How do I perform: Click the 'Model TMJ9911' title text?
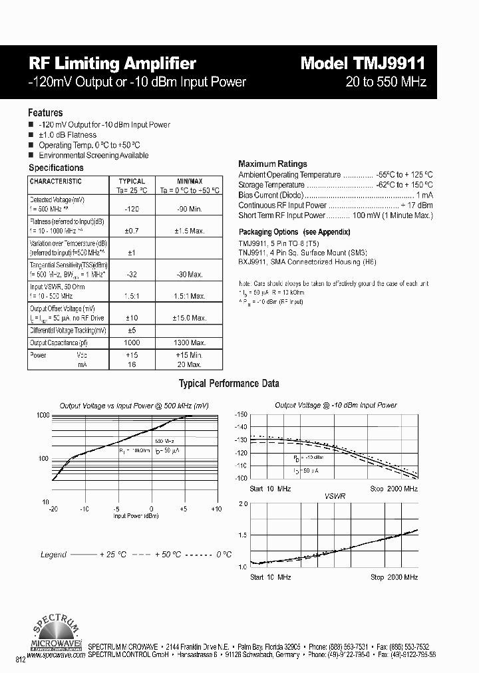(x=363, y=63)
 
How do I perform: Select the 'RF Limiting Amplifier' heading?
(x=112, y=63)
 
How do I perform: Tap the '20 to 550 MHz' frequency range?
(x=386, y=82)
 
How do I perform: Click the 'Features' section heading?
(x=45, y=113)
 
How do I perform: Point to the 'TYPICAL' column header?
(x=132, y=181)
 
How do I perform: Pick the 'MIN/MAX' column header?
(x=190, y=181)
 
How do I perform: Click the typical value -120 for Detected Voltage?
(x=132, y=209)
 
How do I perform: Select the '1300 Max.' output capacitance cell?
(x=189, y=342)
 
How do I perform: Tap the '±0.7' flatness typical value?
(x=132, y=231)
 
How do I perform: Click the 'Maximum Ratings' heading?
(x=273, y=164)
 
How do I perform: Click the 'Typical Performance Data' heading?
(x=229, y=384)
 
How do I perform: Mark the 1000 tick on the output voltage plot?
(x=43, y=415)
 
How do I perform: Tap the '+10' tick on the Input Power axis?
(x=216, y=509)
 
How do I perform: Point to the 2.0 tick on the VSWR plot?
(x=243, y=504)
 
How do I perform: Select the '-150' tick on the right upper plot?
(x=241, y=414)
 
